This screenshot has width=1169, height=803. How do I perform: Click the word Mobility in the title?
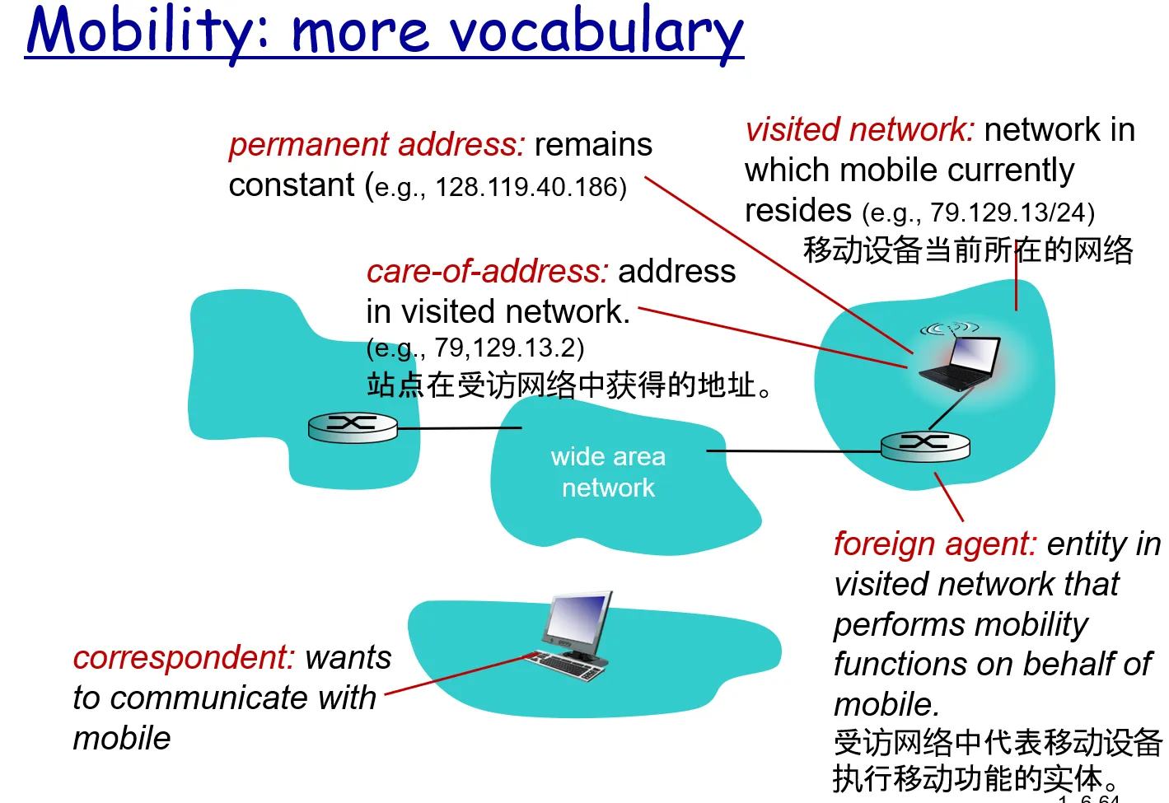148,31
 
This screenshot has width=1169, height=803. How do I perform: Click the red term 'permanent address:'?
376,145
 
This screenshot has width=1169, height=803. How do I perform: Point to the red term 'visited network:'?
859,129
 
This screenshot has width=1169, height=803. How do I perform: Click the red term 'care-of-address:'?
488,272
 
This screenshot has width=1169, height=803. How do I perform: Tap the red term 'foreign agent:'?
935,544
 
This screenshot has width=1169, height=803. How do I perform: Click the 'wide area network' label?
608,472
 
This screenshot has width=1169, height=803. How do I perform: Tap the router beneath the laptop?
925,447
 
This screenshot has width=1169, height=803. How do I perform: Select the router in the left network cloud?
353,427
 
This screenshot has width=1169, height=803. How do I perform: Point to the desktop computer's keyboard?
565,666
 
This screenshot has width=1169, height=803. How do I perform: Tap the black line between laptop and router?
951,409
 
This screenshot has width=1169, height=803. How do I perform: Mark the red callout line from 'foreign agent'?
949,497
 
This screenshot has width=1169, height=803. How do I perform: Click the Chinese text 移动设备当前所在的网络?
968,250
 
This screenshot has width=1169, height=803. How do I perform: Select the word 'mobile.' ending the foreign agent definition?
886,704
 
